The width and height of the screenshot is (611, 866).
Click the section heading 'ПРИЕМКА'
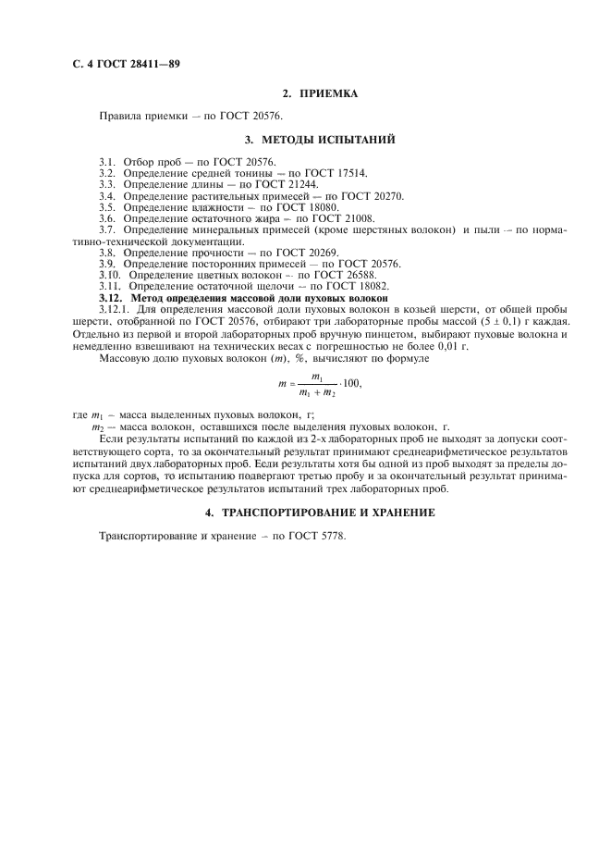coord(326,94)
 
